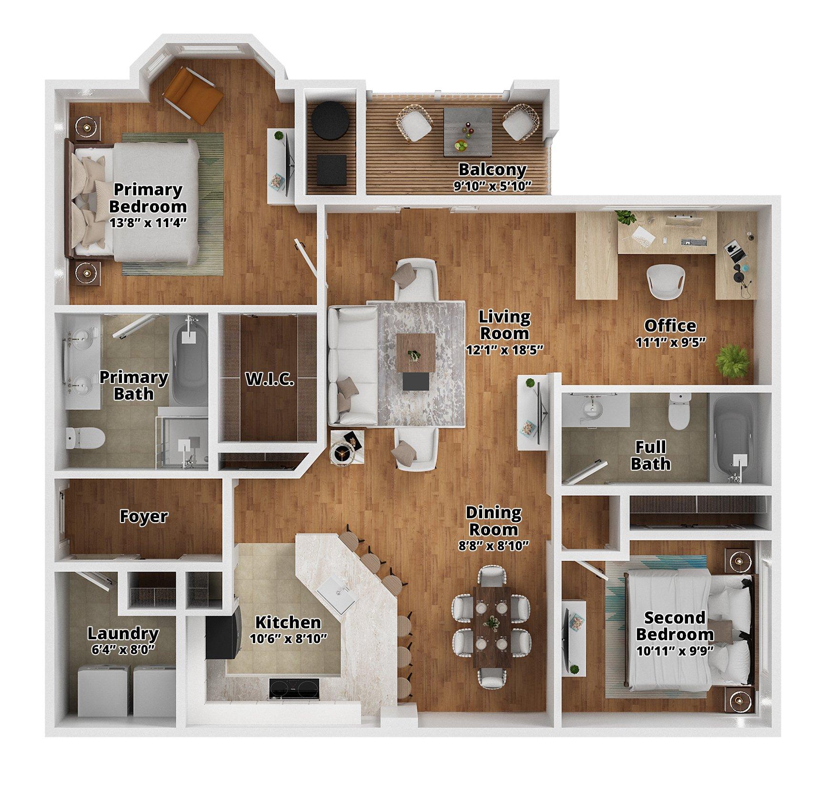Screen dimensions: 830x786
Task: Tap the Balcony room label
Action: click(x=492, y=170)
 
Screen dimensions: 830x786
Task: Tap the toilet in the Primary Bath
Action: click(x=85, y=438)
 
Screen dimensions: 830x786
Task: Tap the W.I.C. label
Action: click(x=270, y=380)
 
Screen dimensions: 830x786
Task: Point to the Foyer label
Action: click(x=143, y=516)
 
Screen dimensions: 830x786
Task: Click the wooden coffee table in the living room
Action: click(x=415, y=352)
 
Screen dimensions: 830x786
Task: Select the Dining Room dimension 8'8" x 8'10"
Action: click(x=493, y=545)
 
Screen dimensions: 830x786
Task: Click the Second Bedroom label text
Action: click(x=675, y=626)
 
